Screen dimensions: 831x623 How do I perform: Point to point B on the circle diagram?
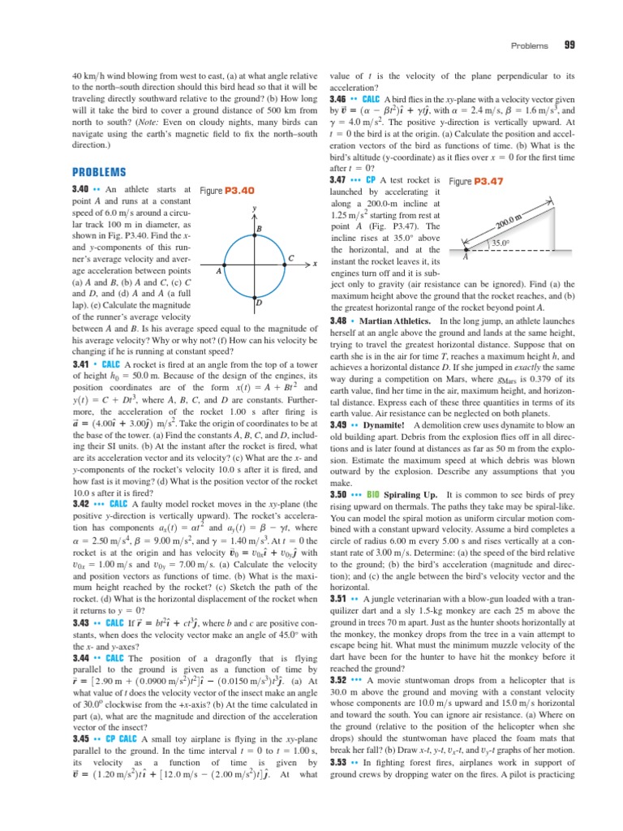pos(259,229)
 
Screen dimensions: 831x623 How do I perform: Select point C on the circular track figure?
pos(290,257)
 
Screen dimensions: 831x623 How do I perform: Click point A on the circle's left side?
pos(217,272)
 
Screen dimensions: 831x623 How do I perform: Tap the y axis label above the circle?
pos(254,208)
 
